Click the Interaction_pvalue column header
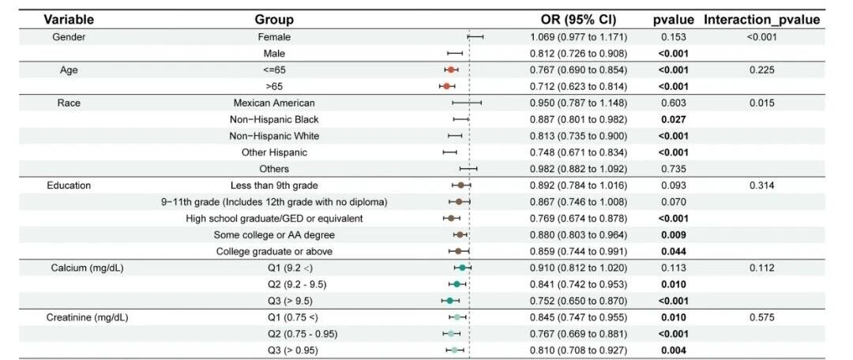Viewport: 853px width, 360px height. point(761,20)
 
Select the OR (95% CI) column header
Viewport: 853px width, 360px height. point(578,20)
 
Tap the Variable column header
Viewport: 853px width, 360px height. point(69,20)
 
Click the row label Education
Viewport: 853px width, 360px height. point(69,186)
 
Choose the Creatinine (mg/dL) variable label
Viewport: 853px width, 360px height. point(88,317)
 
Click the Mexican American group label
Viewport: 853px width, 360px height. point(273,103)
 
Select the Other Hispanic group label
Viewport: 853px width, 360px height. point(274,152)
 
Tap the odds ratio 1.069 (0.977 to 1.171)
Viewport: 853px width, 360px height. point(579,37)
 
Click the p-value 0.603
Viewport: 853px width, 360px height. point(674,103)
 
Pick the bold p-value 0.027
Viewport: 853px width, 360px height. point(674,119)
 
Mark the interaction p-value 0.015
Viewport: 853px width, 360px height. point(761,103)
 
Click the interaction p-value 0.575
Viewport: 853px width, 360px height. point(761,317)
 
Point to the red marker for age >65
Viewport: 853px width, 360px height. point(446,87)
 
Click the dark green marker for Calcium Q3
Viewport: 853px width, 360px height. point(450,300)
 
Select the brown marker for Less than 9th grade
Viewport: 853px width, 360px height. point(460,186)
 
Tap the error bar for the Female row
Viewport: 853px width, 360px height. point(475,37)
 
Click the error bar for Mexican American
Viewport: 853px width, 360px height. point(467,103)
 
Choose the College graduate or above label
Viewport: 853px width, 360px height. point(274,251)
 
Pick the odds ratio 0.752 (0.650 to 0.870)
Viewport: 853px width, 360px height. point(579,300)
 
